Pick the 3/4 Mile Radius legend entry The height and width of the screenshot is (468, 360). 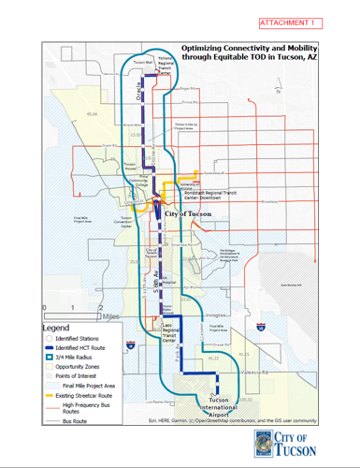(x=79, y=355)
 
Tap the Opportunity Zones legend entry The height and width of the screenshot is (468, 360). (x=82, y=365)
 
